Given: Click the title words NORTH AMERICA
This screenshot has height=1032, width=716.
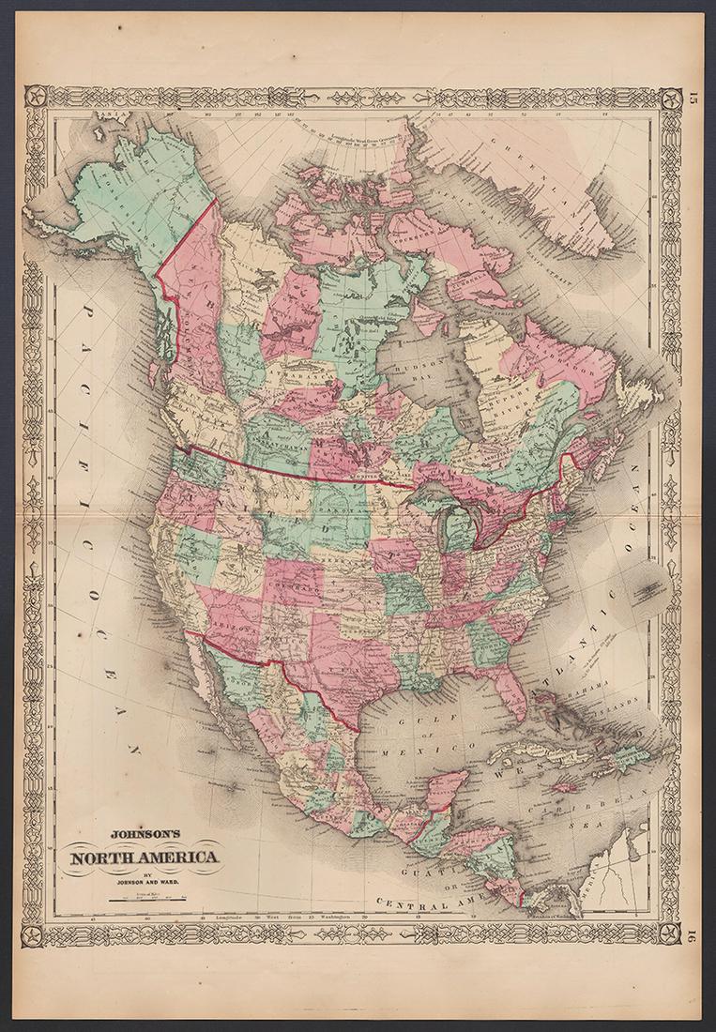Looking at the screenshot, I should [x=141, y=857].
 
